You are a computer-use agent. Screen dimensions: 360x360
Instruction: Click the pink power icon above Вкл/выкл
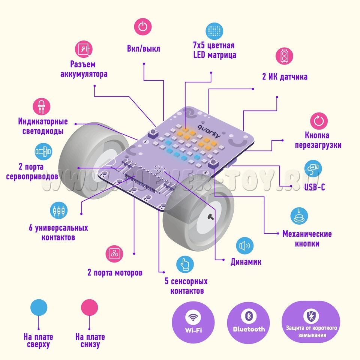(x=142, y=27)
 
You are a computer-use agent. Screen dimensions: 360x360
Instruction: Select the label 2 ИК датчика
(x=285, y=77)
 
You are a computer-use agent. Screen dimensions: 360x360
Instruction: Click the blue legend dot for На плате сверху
(x=39, y=307)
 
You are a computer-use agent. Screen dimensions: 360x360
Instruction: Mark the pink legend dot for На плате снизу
(x=90, y=307)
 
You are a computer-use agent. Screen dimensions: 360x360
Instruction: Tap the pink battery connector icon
(x=84, y=49)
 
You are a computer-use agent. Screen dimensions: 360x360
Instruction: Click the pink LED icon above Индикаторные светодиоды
(x=42, y=107)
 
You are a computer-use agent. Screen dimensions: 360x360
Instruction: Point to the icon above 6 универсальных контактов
(x=59, y=211)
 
